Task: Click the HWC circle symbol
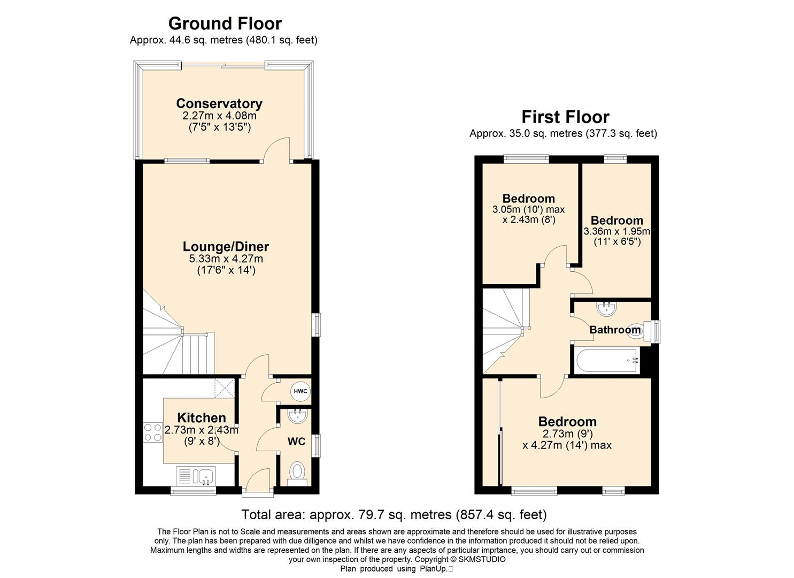[x=300, y=391]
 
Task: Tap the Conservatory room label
[x=219, y=104]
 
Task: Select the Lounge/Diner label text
[x=226, y=247]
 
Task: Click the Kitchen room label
[x=202, y=417]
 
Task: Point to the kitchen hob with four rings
[x=153, y=433]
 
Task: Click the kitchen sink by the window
[x=196, y=476]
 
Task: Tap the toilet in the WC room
[x=297, y=473]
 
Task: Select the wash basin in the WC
[x=297, y=416]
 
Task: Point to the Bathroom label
[x=615, y=330]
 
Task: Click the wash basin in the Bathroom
[x=607, y=308]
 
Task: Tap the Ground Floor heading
[x=225, y=24]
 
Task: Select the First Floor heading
[x=565, y=117]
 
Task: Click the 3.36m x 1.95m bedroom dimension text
[x=617, y=232]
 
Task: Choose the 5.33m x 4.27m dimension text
[x=226, y=258]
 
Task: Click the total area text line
[x=394, y=514]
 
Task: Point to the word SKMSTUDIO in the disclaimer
[x=482, y=560]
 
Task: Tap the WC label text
[x=296, y=442]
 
